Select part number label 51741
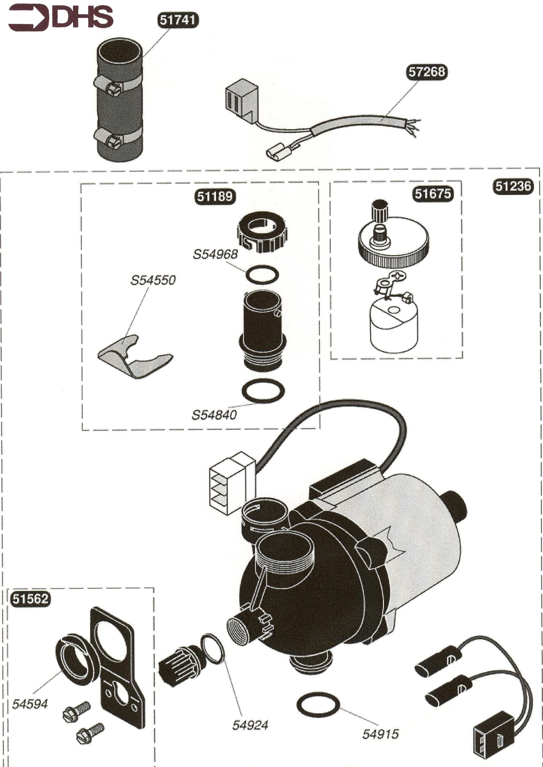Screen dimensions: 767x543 click(x=178, y=20)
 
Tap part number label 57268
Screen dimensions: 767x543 click(x=427, y=72)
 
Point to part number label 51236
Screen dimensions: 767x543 click(x=513, y=186)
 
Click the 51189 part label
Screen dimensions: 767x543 click(x=215, y=196)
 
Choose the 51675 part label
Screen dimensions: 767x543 click(x=433, y=194)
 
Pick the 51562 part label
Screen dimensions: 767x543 click(x=30, y=598)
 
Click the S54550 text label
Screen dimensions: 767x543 click(x=153, y=280)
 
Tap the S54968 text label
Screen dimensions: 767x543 click(x=215, y=254)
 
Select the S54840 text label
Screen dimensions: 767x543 click(x=214, y=415)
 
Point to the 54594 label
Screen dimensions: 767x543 click(x=30, y=704)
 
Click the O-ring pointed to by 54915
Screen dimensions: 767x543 click(x=318, y=705)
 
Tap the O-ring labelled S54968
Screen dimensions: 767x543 click(x=262, y=275)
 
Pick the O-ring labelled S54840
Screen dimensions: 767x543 click(x=263, y=391)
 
